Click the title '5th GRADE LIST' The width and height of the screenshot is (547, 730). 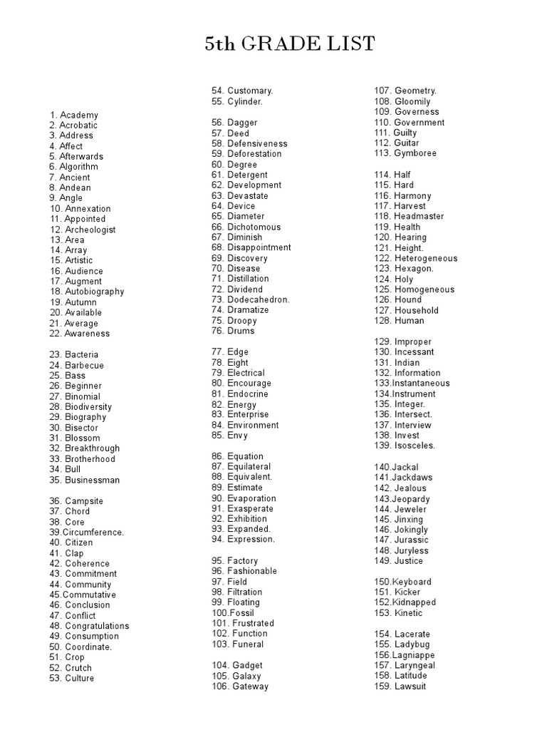coord(289,45)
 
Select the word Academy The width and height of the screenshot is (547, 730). coord(79,115)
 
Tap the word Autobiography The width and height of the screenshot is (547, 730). coord(95,292)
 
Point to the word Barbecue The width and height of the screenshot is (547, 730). coord(84,365)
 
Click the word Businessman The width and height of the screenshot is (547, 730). coord(93,480)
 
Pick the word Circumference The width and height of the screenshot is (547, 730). coord(93,532)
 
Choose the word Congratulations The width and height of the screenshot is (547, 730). coord(97,626)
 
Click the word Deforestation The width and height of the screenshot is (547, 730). coord(254,153)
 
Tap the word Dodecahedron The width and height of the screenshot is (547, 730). coord(259,299)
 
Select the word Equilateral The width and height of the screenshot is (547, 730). coord(249,466)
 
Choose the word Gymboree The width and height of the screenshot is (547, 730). coord(415,153)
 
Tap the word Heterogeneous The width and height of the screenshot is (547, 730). coord(426,258)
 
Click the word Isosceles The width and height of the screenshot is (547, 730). coord(415,446)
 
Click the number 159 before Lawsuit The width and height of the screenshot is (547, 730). coord(382,686)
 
